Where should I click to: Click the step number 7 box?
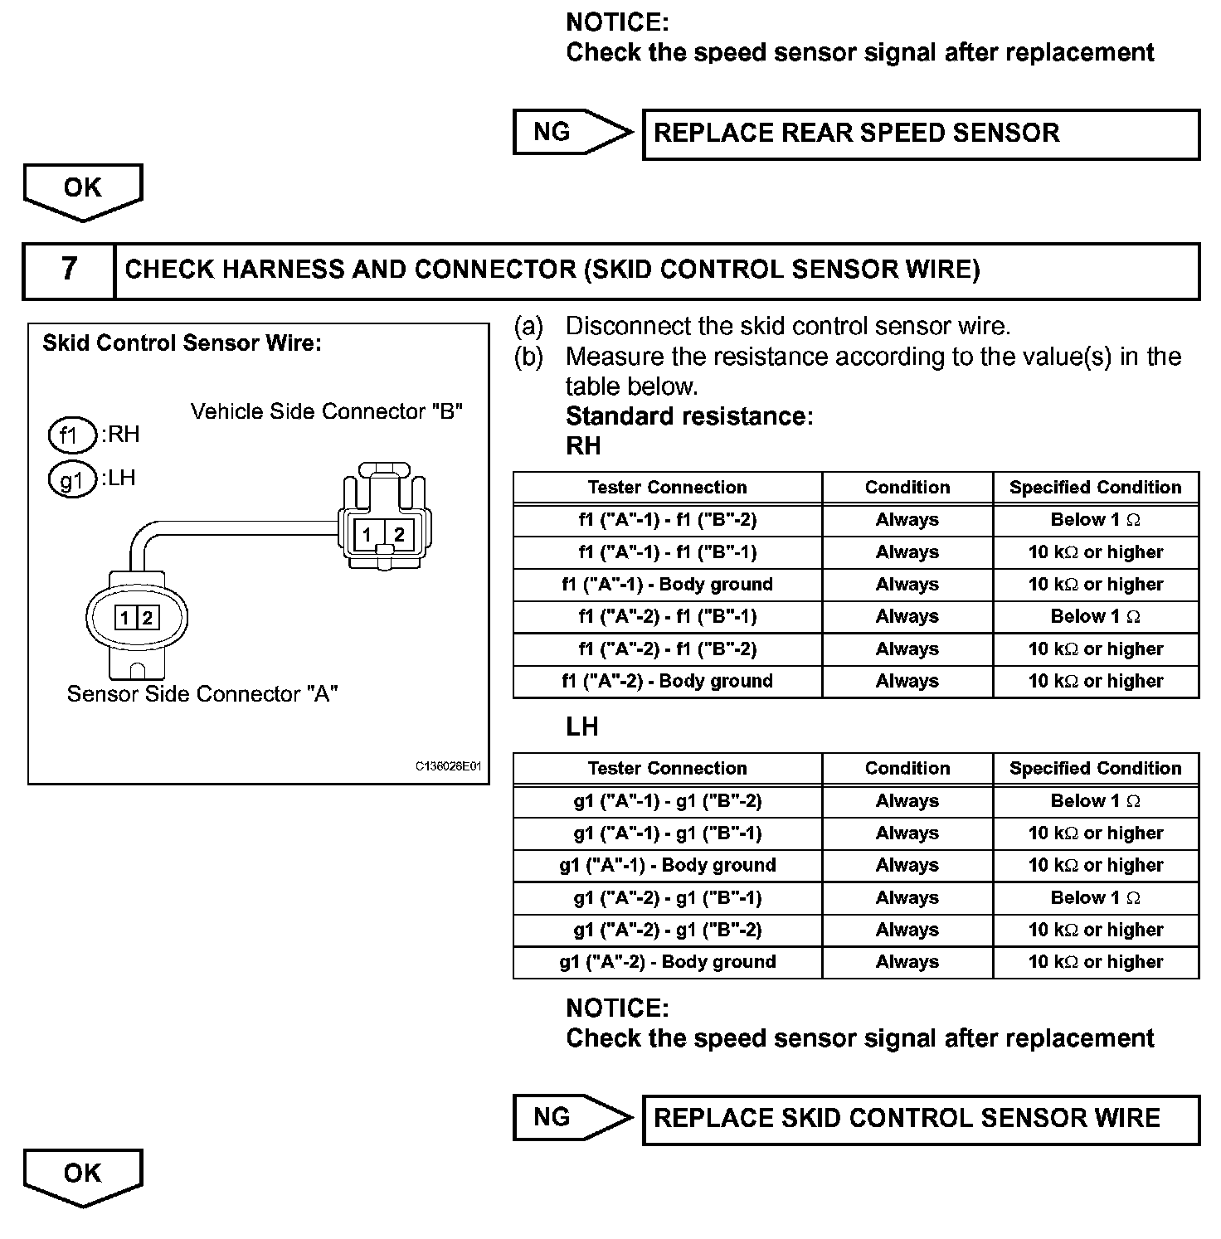click(69, 270)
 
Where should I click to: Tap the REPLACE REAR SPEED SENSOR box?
click(921, 134)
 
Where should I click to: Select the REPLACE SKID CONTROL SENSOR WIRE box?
click(921, 1119)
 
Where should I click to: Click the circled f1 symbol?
click(72, 435)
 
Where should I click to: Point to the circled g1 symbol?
click(72, 479)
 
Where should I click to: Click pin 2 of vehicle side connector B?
click(399, 534)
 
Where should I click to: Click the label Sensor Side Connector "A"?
click(202, 694)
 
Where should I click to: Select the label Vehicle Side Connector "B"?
click(326, 411)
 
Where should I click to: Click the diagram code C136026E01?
click(448, 766)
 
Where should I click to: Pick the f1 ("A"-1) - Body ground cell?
click(668, 585)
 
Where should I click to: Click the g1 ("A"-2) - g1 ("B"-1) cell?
click(668, 898)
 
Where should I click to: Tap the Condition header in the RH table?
click(907, 488)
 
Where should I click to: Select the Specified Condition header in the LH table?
click(1095, 769)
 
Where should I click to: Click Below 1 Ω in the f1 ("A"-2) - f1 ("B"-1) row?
click(1095, 617)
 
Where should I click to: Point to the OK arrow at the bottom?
click(83, 1176)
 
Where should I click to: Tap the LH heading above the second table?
click(582, 727)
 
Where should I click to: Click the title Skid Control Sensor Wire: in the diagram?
click(182, 343)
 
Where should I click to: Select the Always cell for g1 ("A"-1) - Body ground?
click(907, 866)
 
